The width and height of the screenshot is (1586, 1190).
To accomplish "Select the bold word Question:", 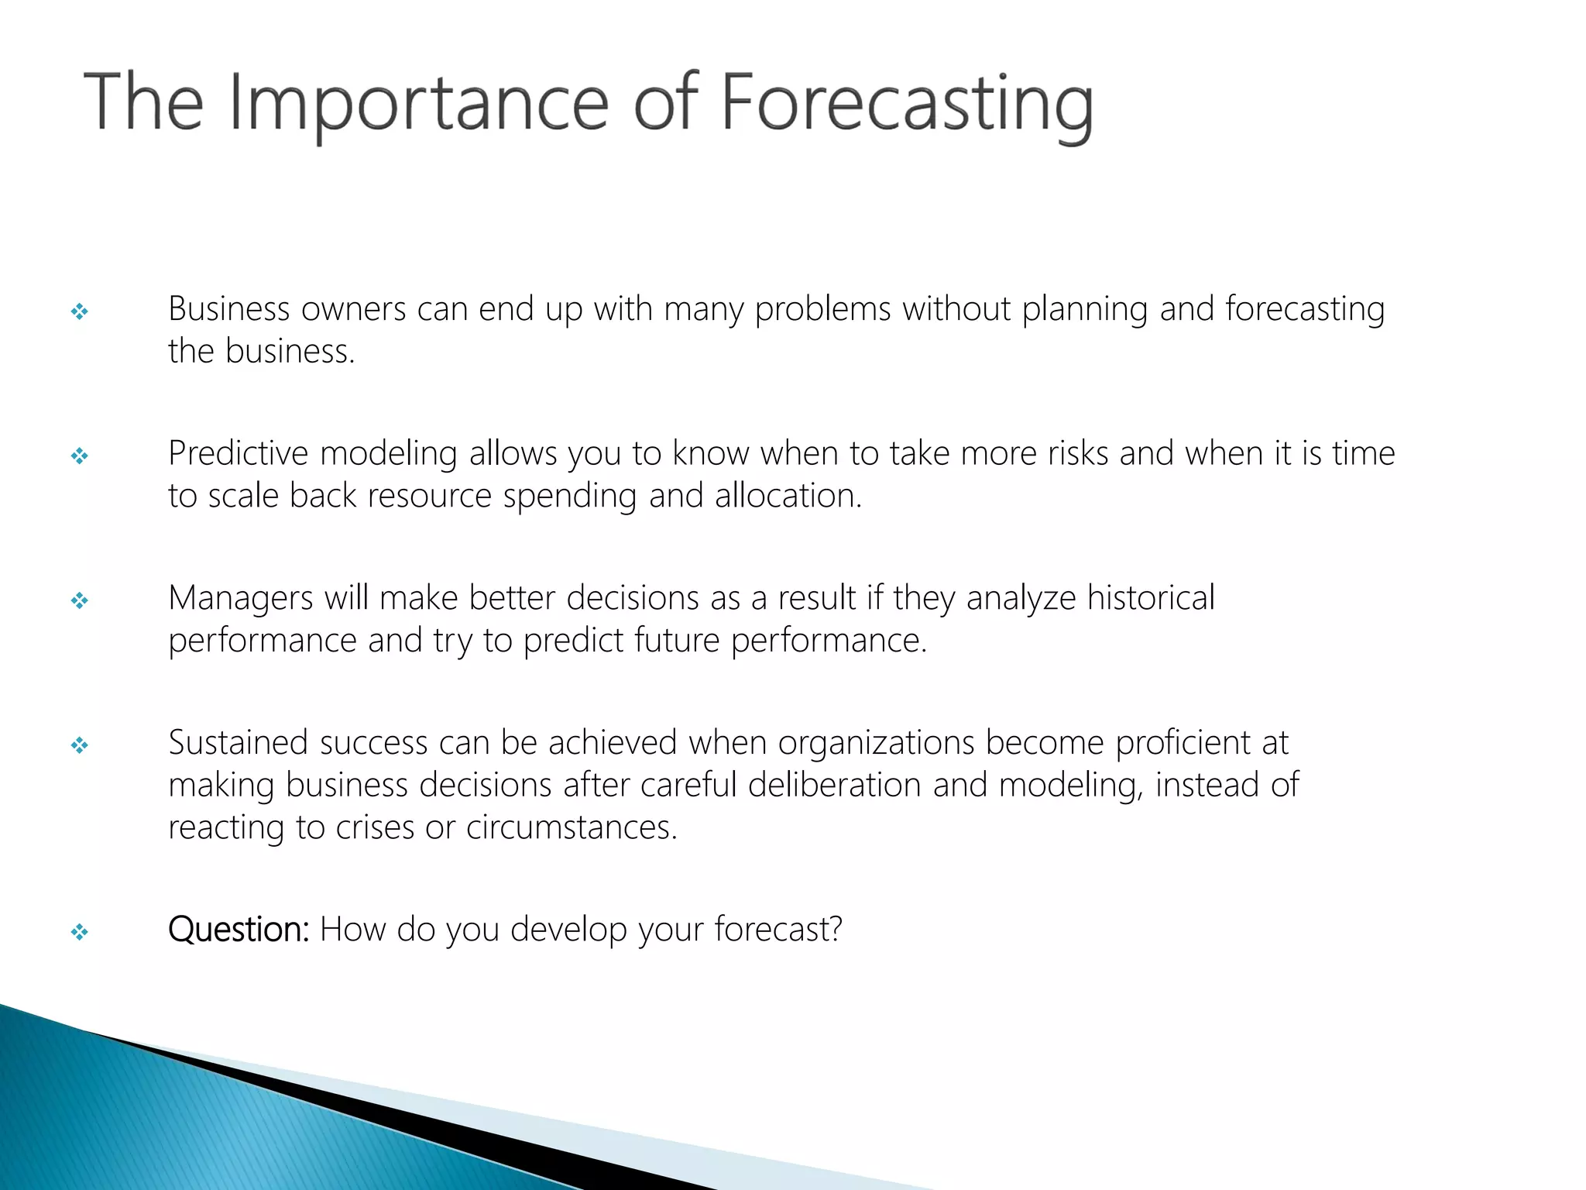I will [239, 929].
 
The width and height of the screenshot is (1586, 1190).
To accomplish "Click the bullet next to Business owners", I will [79, 311].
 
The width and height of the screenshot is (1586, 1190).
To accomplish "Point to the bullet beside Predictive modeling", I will [79, 456].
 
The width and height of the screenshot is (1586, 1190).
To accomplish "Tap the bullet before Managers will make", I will [79, 600].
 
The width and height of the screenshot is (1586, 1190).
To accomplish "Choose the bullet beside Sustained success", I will [79, 745].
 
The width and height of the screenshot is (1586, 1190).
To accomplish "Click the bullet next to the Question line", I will [79, 931].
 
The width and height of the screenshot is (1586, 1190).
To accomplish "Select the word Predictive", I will [238, 453].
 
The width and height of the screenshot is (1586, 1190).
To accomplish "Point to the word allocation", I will [788, 496].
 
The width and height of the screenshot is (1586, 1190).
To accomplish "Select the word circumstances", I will [572, 827].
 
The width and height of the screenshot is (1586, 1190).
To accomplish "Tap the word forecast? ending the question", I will [778, 929].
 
